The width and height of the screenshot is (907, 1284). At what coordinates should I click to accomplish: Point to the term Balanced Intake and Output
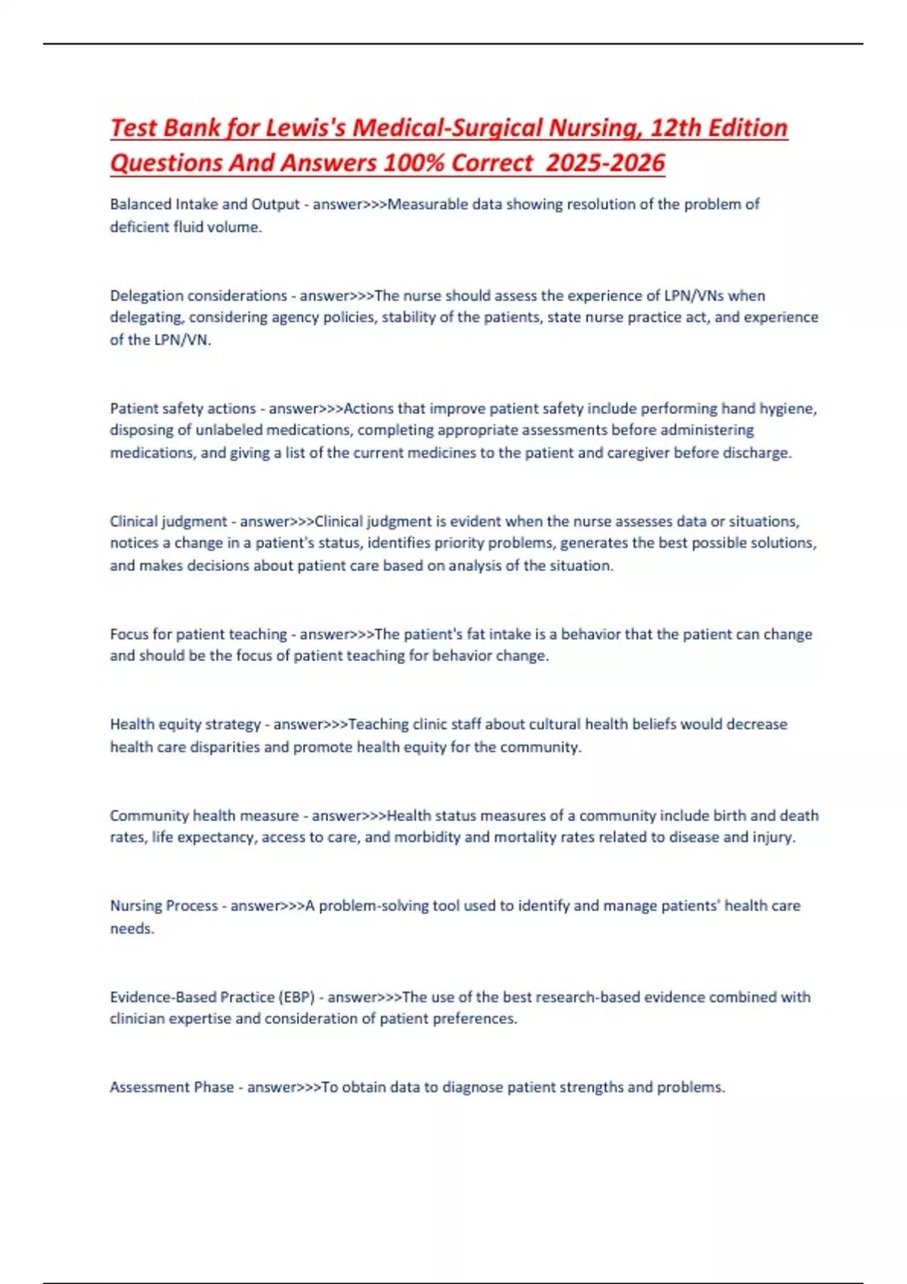[x=204, y=204]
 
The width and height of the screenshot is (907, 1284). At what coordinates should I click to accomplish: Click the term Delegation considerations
[x=198, y=295]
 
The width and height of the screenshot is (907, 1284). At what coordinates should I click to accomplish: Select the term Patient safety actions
[x=183, y=409]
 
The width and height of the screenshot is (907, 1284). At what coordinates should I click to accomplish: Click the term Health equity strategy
[x=185, y=724]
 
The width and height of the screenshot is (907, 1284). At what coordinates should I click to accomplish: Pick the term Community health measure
[x=204, y=816]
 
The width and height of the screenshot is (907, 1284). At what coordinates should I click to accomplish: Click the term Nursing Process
[x=163, y=906]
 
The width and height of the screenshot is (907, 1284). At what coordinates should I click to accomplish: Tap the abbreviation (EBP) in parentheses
[x=296, y=997]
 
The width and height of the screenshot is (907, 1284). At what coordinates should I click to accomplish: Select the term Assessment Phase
[x=172, y=1087]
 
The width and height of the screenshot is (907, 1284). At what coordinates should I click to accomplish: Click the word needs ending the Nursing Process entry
[x=131, y=928]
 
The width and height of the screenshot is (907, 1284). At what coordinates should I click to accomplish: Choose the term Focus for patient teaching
[x=198, y=634]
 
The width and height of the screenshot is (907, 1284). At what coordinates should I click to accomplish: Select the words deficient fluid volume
[x=184, y=227]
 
